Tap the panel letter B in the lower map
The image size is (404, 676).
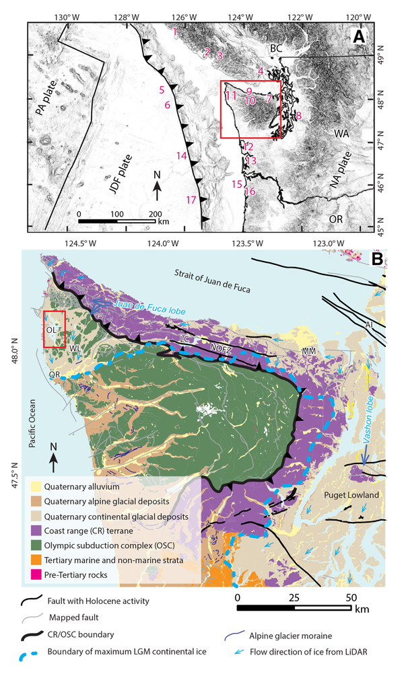pos(378,259)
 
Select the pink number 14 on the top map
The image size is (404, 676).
pos(180,155)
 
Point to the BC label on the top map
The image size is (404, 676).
pos(276,48)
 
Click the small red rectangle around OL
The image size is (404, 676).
pos(54,330)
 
